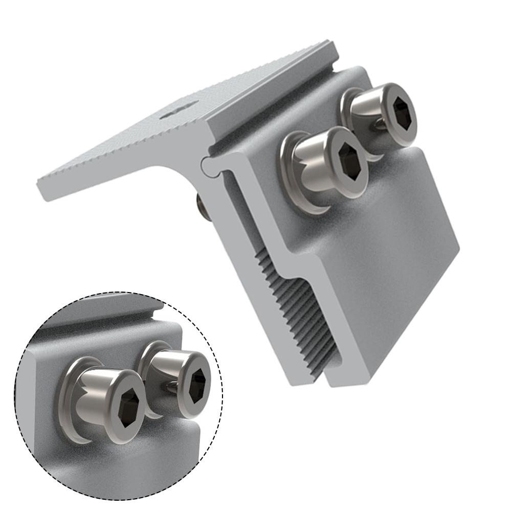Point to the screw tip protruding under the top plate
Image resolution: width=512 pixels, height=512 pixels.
click(201, 208)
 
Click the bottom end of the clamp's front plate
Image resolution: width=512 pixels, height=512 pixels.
click(353, 381)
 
